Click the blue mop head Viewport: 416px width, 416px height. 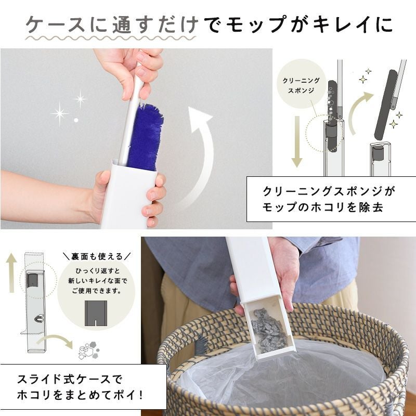pyautogui.click(x=145, y=137)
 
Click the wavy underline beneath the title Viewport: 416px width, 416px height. pyautogui.click(x=110, y=38)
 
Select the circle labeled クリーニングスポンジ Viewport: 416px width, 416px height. pyautogui.click(x=301, y=84)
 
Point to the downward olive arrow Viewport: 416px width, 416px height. pyautogui.click(x=297, y=141)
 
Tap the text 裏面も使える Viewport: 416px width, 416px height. pyautogui.click(x=97, y=256)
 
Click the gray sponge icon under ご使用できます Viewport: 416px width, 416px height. pyautogui.click(x=96, y=314)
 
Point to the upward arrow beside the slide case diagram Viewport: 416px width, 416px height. pyautogui.click(x=11, y=272)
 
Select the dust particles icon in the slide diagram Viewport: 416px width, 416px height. pyautogui.click(x=89, y=350)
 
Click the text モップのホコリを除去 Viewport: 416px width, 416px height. pyautogui.click(x=322, y=207)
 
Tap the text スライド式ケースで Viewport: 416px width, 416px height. pyautogui.click(x=70, y=380)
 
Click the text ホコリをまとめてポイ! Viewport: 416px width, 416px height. pyautogui.click(x=80, y=395)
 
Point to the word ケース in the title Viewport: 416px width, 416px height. pyautogui.click(x=55, y=24)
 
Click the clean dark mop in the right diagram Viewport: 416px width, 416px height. pyautogui.click(x=386, y=105)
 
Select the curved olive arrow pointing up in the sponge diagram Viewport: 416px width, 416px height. pyautogui.click(x=359, y=111)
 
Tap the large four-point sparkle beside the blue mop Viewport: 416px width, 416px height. pyautogui.click(x=59, y=113)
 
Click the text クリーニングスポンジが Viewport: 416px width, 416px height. pyautogui.click(x=329, y=191)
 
